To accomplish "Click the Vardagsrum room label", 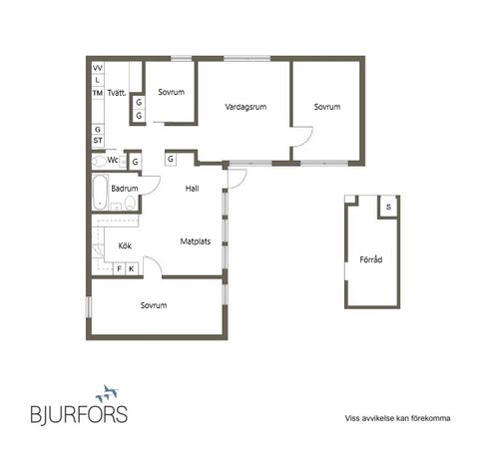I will click(242, 106).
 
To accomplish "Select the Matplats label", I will click(194, 240).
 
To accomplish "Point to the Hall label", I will click(194, 188).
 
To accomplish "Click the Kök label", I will click(125, 243).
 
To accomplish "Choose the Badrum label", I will click(124, 188).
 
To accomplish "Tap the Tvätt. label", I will click(116, 93).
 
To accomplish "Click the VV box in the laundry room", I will click(98, 68).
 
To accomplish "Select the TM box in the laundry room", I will click(98, 93).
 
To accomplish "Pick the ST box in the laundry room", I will click(98, 141).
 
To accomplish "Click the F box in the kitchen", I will click(119, 268).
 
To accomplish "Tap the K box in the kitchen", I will click(131, 268).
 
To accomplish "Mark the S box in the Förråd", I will click(387, 207).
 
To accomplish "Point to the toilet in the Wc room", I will click(98, 160).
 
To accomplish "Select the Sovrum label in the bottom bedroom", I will click(153, 305).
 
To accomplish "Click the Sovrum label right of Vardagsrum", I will click(326, 106).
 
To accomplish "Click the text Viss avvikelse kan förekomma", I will click(397, 419).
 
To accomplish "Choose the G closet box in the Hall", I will click(172, 159).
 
